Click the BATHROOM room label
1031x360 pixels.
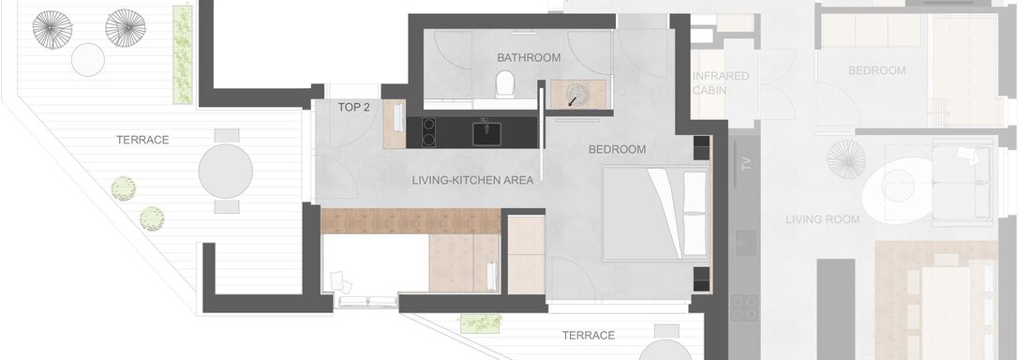tap(529, 58)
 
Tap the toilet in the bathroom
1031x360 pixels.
tap(505, 84)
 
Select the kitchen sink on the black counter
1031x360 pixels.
tap(486, 133)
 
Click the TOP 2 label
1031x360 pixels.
tap(353, 107)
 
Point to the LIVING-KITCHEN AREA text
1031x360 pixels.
tap(472, 180)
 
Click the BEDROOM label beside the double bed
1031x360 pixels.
tap(617, 149)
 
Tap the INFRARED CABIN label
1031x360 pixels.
tap(721, 82)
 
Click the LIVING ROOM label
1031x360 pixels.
tap(823, 219)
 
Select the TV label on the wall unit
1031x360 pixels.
tap(746, 163)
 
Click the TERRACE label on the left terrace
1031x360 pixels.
tap(142, 140)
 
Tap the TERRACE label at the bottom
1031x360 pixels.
tap(589, 336)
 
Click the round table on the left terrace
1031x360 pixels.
tap(226, 172)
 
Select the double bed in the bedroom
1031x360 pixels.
tap(655, 214)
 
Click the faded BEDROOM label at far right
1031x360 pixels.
tap(876, 70)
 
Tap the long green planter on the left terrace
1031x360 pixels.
tap(183, 54)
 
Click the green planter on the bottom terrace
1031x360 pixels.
tap(481, 323)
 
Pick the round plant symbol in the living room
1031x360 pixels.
tap(846, 159)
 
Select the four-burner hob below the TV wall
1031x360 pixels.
tap(744, 308)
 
